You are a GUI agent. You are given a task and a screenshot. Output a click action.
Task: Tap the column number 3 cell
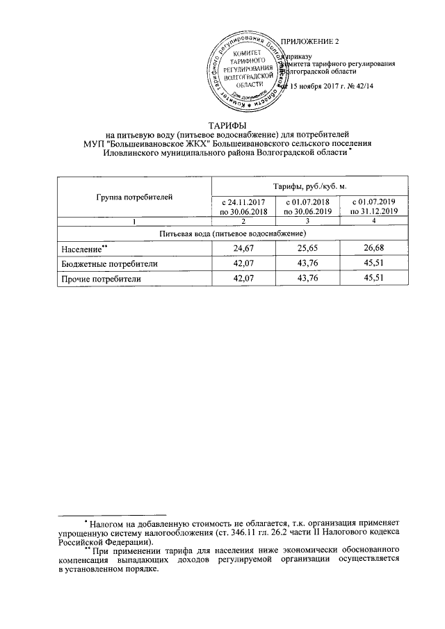coord(305,221)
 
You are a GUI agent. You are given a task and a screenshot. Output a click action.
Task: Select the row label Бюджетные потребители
coord(102,263)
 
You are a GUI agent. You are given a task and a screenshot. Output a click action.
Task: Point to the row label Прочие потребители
coord(98,279)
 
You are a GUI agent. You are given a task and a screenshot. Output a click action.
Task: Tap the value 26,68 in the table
coord(373,248)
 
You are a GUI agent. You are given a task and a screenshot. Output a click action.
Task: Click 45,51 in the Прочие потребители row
coord(373,279)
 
